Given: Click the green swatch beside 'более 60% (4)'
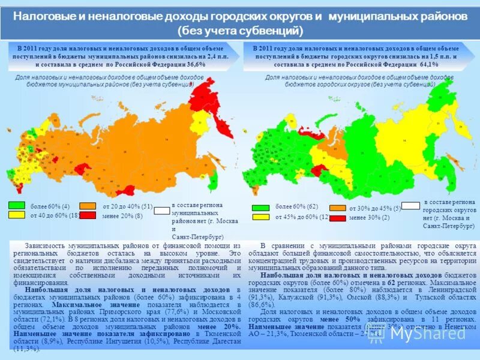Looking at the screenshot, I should [16, 205].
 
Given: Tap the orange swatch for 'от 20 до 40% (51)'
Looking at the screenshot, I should [88, 205].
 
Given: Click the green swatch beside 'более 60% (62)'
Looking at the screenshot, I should [261, 208].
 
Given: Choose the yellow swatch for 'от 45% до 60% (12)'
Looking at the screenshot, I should [261, 217].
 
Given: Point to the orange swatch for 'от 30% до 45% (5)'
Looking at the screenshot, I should [337, 208].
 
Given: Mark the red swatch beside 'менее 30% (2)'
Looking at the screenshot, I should [337, 217].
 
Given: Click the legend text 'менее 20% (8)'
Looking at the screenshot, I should [122, 215].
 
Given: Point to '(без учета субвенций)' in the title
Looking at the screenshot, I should [240, 30].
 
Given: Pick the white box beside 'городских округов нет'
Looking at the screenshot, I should [410, 206].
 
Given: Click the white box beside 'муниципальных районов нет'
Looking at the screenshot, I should [162, 211].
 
